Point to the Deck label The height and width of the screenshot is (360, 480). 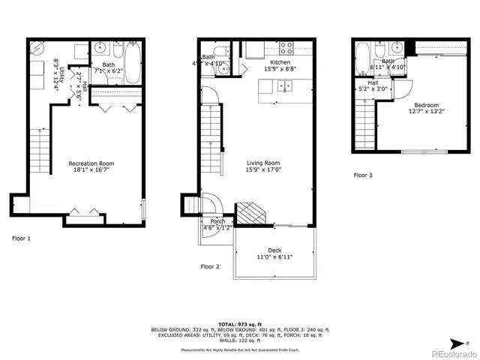pos(274,250)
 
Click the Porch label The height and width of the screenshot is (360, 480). pos(217,221)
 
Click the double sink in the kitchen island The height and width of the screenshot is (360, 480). pos(285,85)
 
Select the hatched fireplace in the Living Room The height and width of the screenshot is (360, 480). pos(250,213)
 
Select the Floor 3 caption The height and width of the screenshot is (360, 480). pos(363,175)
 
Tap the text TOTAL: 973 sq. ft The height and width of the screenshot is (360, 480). pos(240,323)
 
